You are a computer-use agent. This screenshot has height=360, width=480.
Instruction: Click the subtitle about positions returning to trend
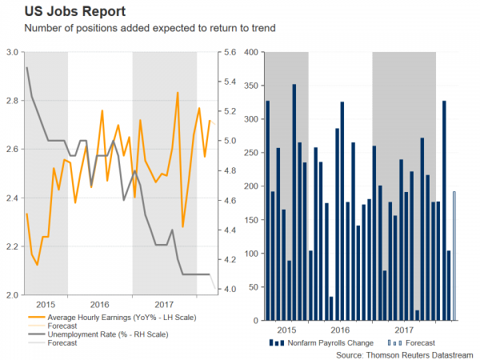click(139, 30)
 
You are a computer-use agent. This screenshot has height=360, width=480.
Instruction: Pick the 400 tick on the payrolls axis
click(250, 52)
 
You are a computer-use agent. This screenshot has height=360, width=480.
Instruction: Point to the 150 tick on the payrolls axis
click(250, 220)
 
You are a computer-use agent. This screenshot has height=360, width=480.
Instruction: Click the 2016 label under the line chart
click(100, 305)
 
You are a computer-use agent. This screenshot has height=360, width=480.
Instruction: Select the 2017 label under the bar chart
click(405, 330)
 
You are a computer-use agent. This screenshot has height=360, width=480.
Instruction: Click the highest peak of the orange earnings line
click(177, 93)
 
